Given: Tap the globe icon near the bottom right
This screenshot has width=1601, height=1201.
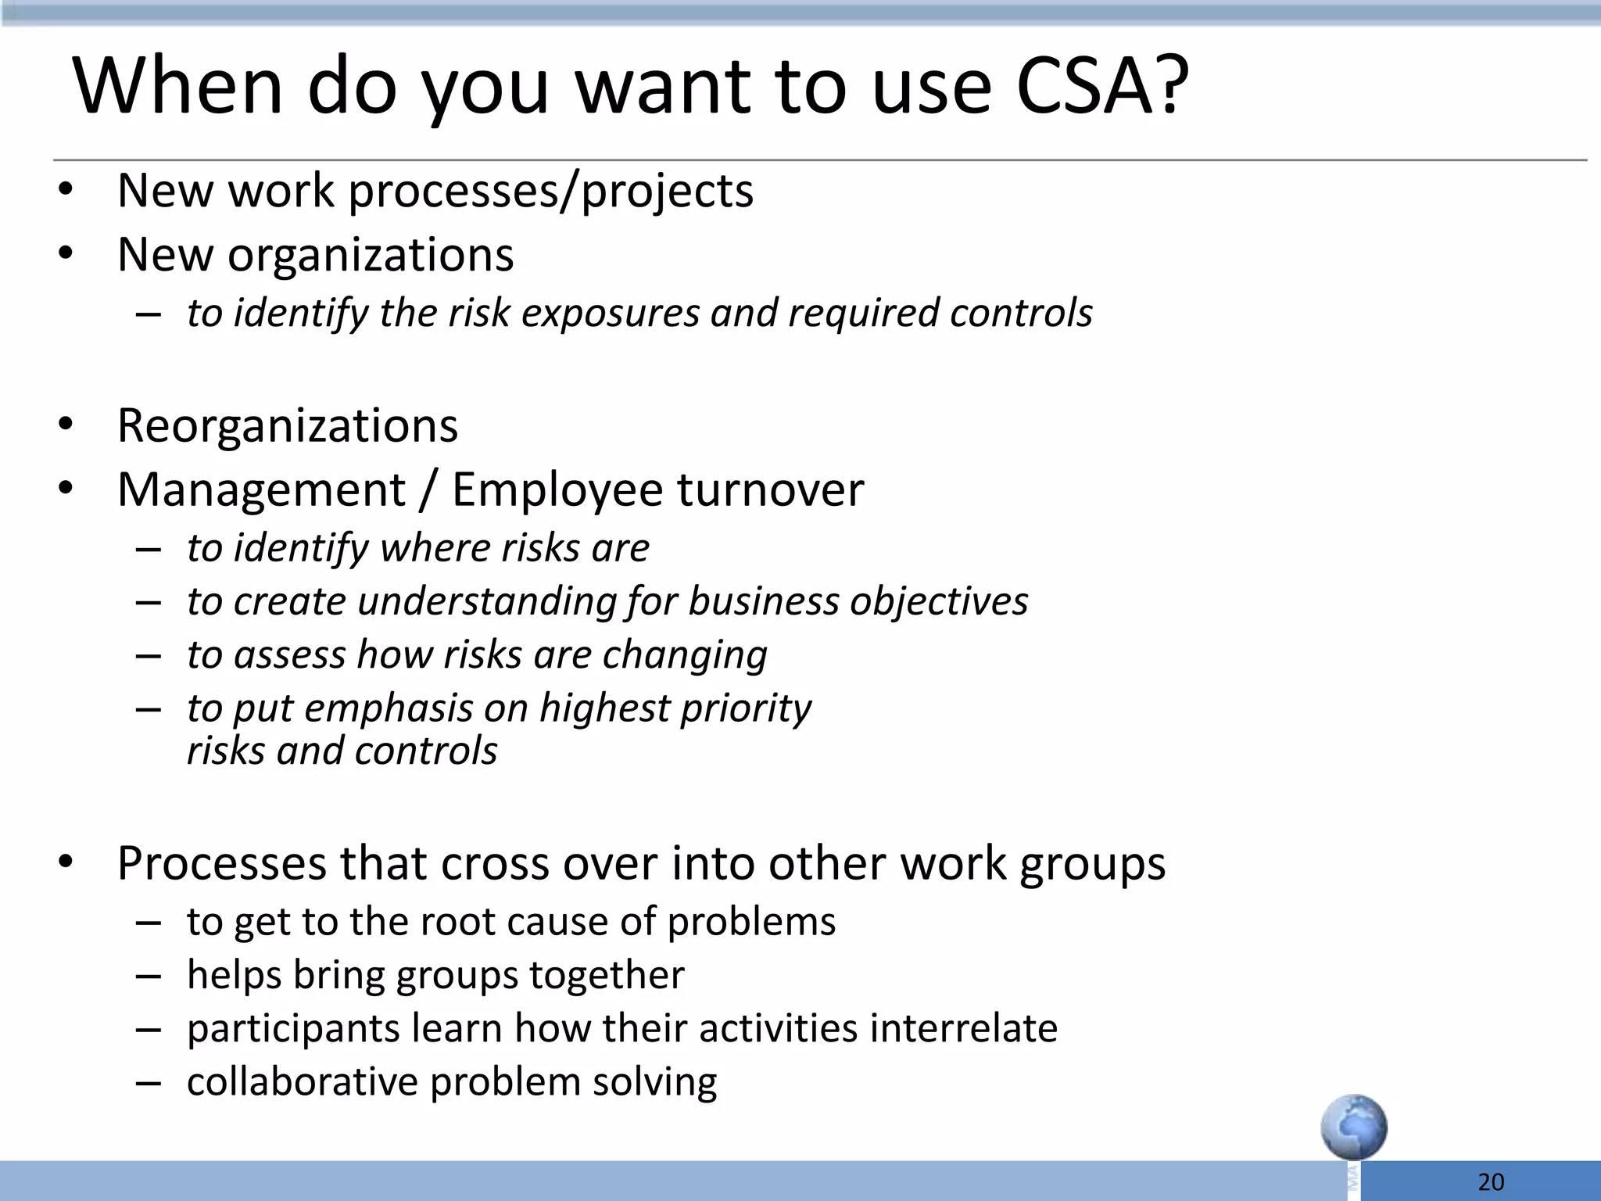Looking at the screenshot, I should pyautogui.click(x=1354, y=1127).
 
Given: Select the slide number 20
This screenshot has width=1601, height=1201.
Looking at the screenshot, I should pyautogui.click(x=1492, y=1181).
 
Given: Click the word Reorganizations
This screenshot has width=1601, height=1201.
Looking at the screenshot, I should pyautogui.click(x=288, y=426).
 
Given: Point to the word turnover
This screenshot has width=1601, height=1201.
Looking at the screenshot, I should pyautogui.click(x=771, y=490).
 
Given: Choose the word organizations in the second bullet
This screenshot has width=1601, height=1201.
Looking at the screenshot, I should pyautogui.click(x=371, y=255).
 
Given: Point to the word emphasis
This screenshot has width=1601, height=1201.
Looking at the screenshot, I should pyautogui.click(x=388, y=708).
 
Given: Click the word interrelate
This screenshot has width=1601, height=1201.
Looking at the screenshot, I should pyautogui.click(x=963, y=1028).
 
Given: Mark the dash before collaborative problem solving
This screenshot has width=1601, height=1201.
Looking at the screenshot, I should pyautogui.click(x=148, y=1083).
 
